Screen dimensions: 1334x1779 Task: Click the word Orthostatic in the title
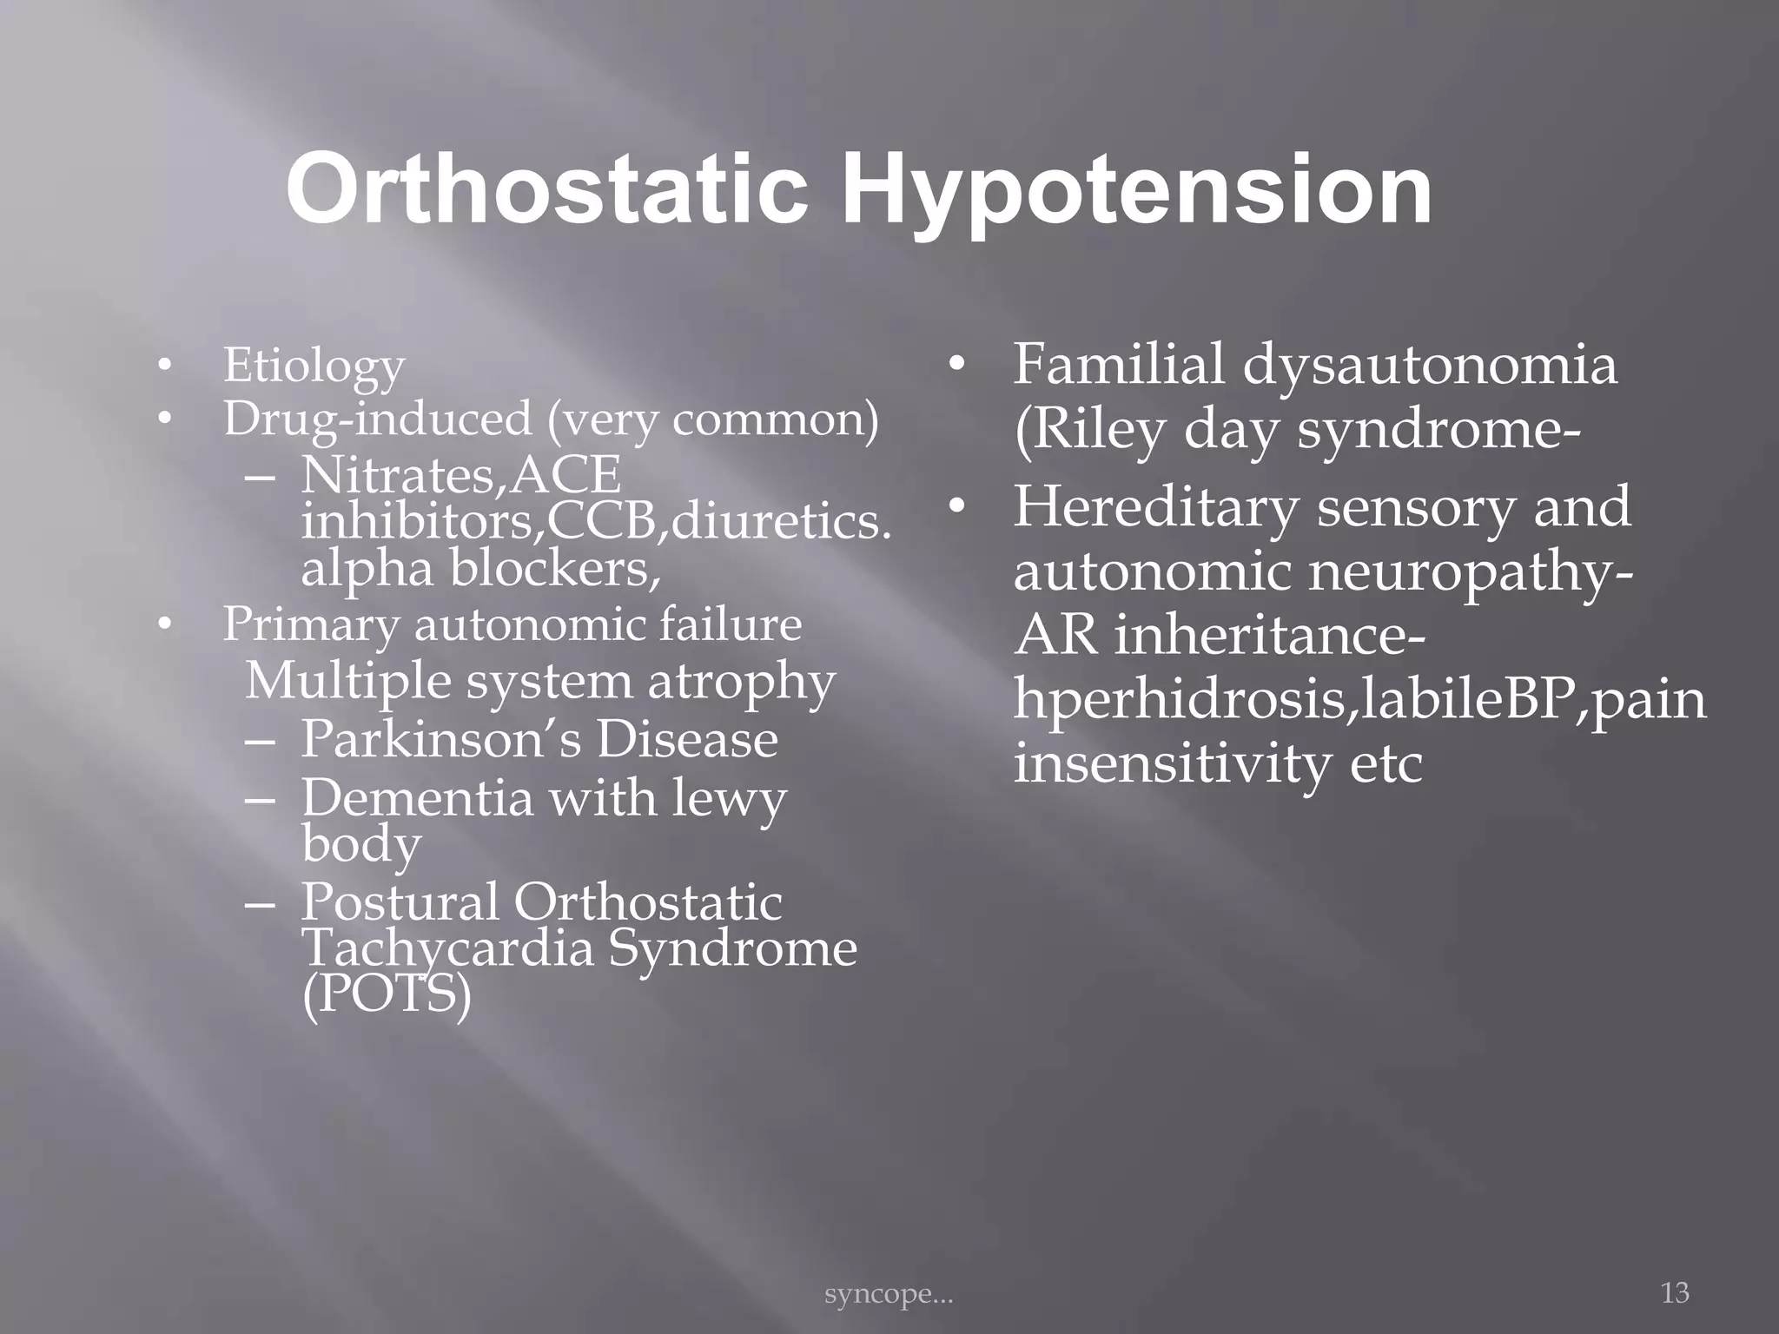pos(546,188)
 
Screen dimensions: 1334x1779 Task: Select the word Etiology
pos(314,366)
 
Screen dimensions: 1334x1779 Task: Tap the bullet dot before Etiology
pos(162,367)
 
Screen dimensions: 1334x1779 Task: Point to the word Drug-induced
pos(377,419)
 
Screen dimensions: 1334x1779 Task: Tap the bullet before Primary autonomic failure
pos(162,624)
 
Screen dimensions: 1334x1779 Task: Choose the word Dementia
pos(417,797)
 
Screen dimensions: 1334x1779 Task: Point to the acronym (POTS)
pos(387,994)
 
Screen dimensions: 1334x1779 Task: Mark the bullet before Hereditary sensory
pos(956,508)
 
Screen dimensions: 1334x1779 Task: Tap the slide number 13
pos(1675,1293)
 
